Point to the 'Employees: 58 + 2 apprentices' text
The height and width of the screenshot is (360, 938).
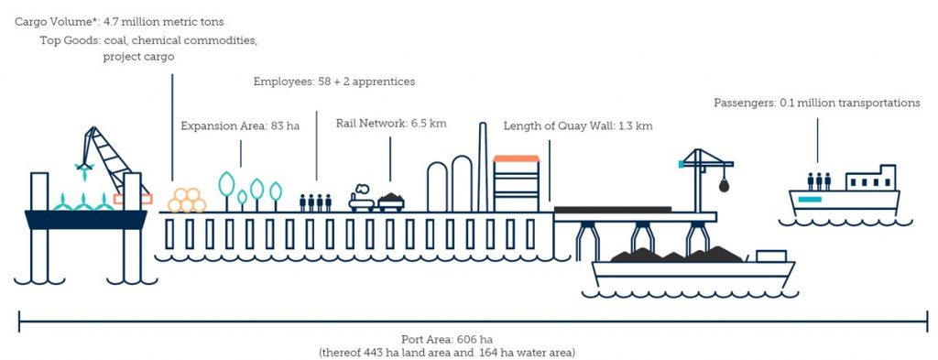[333, 82]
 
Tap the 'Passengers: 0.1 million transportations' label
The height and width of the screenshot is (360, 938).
[816, 103]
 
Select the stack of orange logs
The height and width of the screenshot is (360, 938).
[187, 201]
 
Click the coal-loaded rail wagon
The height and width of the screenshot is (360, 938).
[391, 200]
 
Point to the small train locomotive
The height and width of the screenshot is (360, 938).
[362, 197]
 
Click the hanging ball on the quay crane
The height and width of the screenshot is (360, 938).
[724, 186]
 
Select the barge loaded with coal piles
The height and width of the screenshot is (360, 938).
[693, 267]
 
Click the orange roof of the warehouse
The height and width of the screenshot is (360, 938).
[518, 158]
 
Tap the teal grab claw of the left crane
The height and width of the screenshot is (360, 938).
[84, 169]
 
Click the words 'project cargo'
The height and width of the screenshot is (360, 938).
[137, 57]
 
